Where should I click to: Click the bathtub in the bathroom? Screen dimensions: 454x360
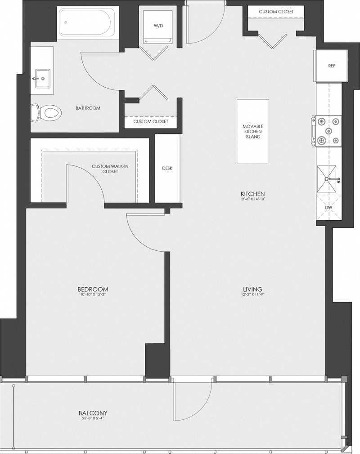(88, 22)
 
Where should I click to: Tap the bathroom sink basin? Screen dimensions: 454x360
(42, 78)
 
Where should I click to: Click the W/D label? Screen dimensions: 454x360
(158, 26)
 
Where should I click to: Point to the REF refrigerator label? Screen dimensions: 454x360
(332, 66)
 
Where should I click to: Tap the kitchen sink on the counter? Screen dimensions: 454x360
(328, 179)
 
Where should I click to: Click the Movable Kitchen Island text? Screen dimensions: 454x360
(252, 131)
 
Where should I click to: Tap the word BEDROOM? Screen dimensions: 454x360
(93, 289)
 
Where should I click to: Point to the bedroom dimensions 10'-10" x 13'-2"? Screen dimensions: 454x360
(93, 295)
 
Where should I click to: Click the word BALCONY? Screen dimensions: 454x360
(93, 413)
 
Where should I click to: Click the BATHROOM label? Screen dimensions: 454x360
(88, 108)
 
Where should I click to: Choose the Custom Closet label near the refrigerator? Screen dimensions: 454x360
(276, 11)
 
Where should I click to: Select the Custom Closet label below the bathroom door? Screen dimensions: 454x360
(151, 122)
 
